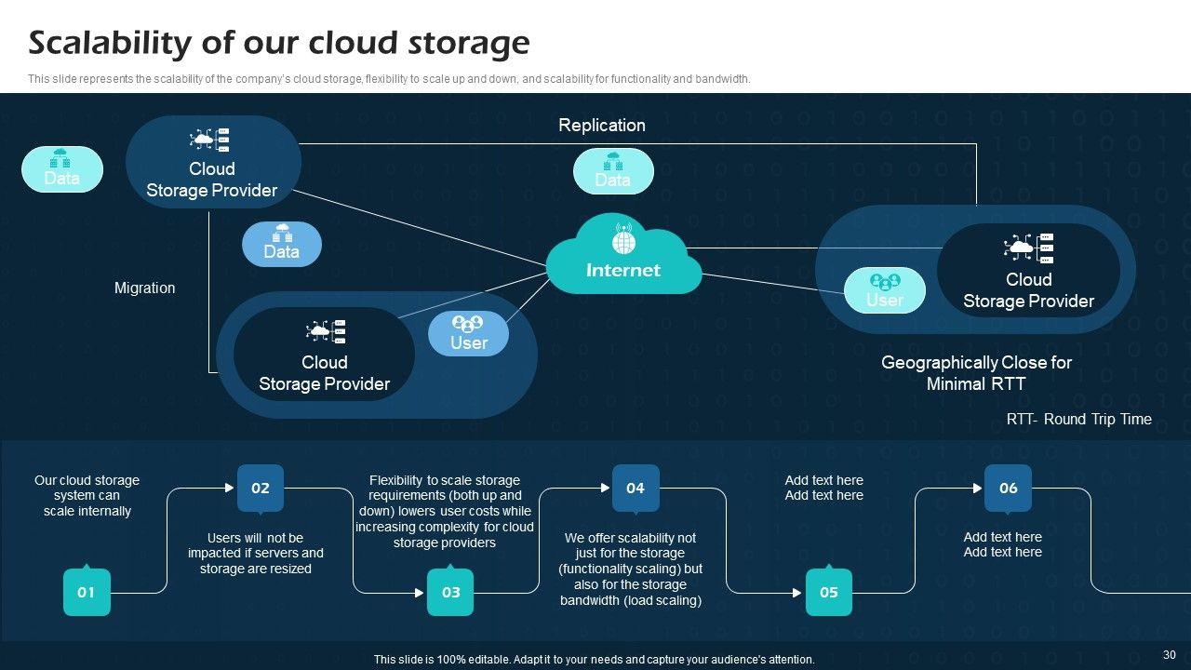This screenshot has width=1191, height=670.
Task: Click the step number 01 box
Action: [x=87, y=592]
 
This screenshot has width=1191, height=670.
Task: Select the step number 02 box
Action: [x=261, y=488]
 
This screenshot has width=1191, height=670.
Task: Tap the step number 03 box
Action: [x=450, y=592]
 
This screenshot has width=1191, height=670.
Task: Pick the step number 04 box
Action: [x=636, y=488]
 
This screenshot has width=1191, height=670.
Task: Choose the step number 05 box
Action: [x=829, y=592]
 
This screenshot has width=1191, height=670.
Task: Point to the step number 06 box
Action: [x=1008, y=488]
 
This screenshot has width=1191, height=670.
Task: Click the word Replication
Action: [x=601, y=125]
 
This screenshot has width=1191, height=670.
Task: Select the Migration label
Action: [x=144, y=288]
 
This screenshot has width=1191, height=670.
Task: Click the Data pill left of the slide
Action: [x=62, y=169]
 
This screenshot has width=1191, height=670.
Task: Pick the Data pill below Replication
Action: [x=613, y=171]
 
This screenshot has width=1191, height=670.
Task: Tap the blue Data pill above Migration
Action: [x=282, y=244]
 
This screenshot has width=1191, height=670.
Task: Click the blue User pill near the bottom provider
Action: [x=468, y=333]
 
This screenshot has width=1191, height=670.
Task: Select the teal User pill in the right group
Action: [x=884, y=290]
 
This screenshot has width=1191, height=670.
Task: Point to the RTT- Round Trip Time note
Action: [x=1078, y=420]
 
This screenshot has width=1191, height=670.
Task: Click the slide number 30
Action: [x=1170, y=655]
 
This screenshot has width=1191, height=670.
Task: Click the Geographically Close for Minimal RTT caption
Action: [x=976, y=373]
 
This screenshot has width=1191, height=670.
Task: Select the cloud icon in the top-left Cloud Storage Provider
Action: [x=210, y=141]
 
